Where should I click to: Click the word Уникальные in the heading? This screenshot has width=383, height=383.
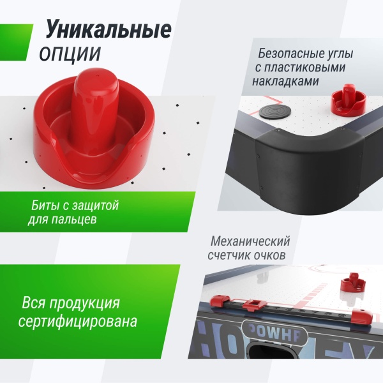point(108,29)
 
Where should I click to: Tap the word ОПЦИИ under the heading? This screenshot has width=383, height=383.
point(70,54)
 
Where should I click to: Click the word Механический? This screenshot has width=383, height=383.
point(250,241)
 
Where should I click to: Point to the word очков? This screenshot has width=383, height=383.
point(270,256)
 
